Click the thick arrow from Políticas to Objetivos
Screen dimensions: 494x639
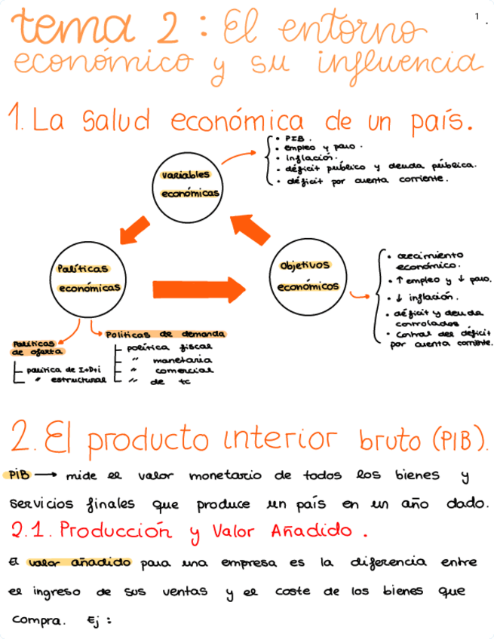point(199,288)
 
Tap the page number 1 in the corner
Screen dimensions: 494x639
point(477,16)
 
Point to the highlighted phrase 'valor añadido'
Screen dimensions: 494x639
point(78,562)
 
